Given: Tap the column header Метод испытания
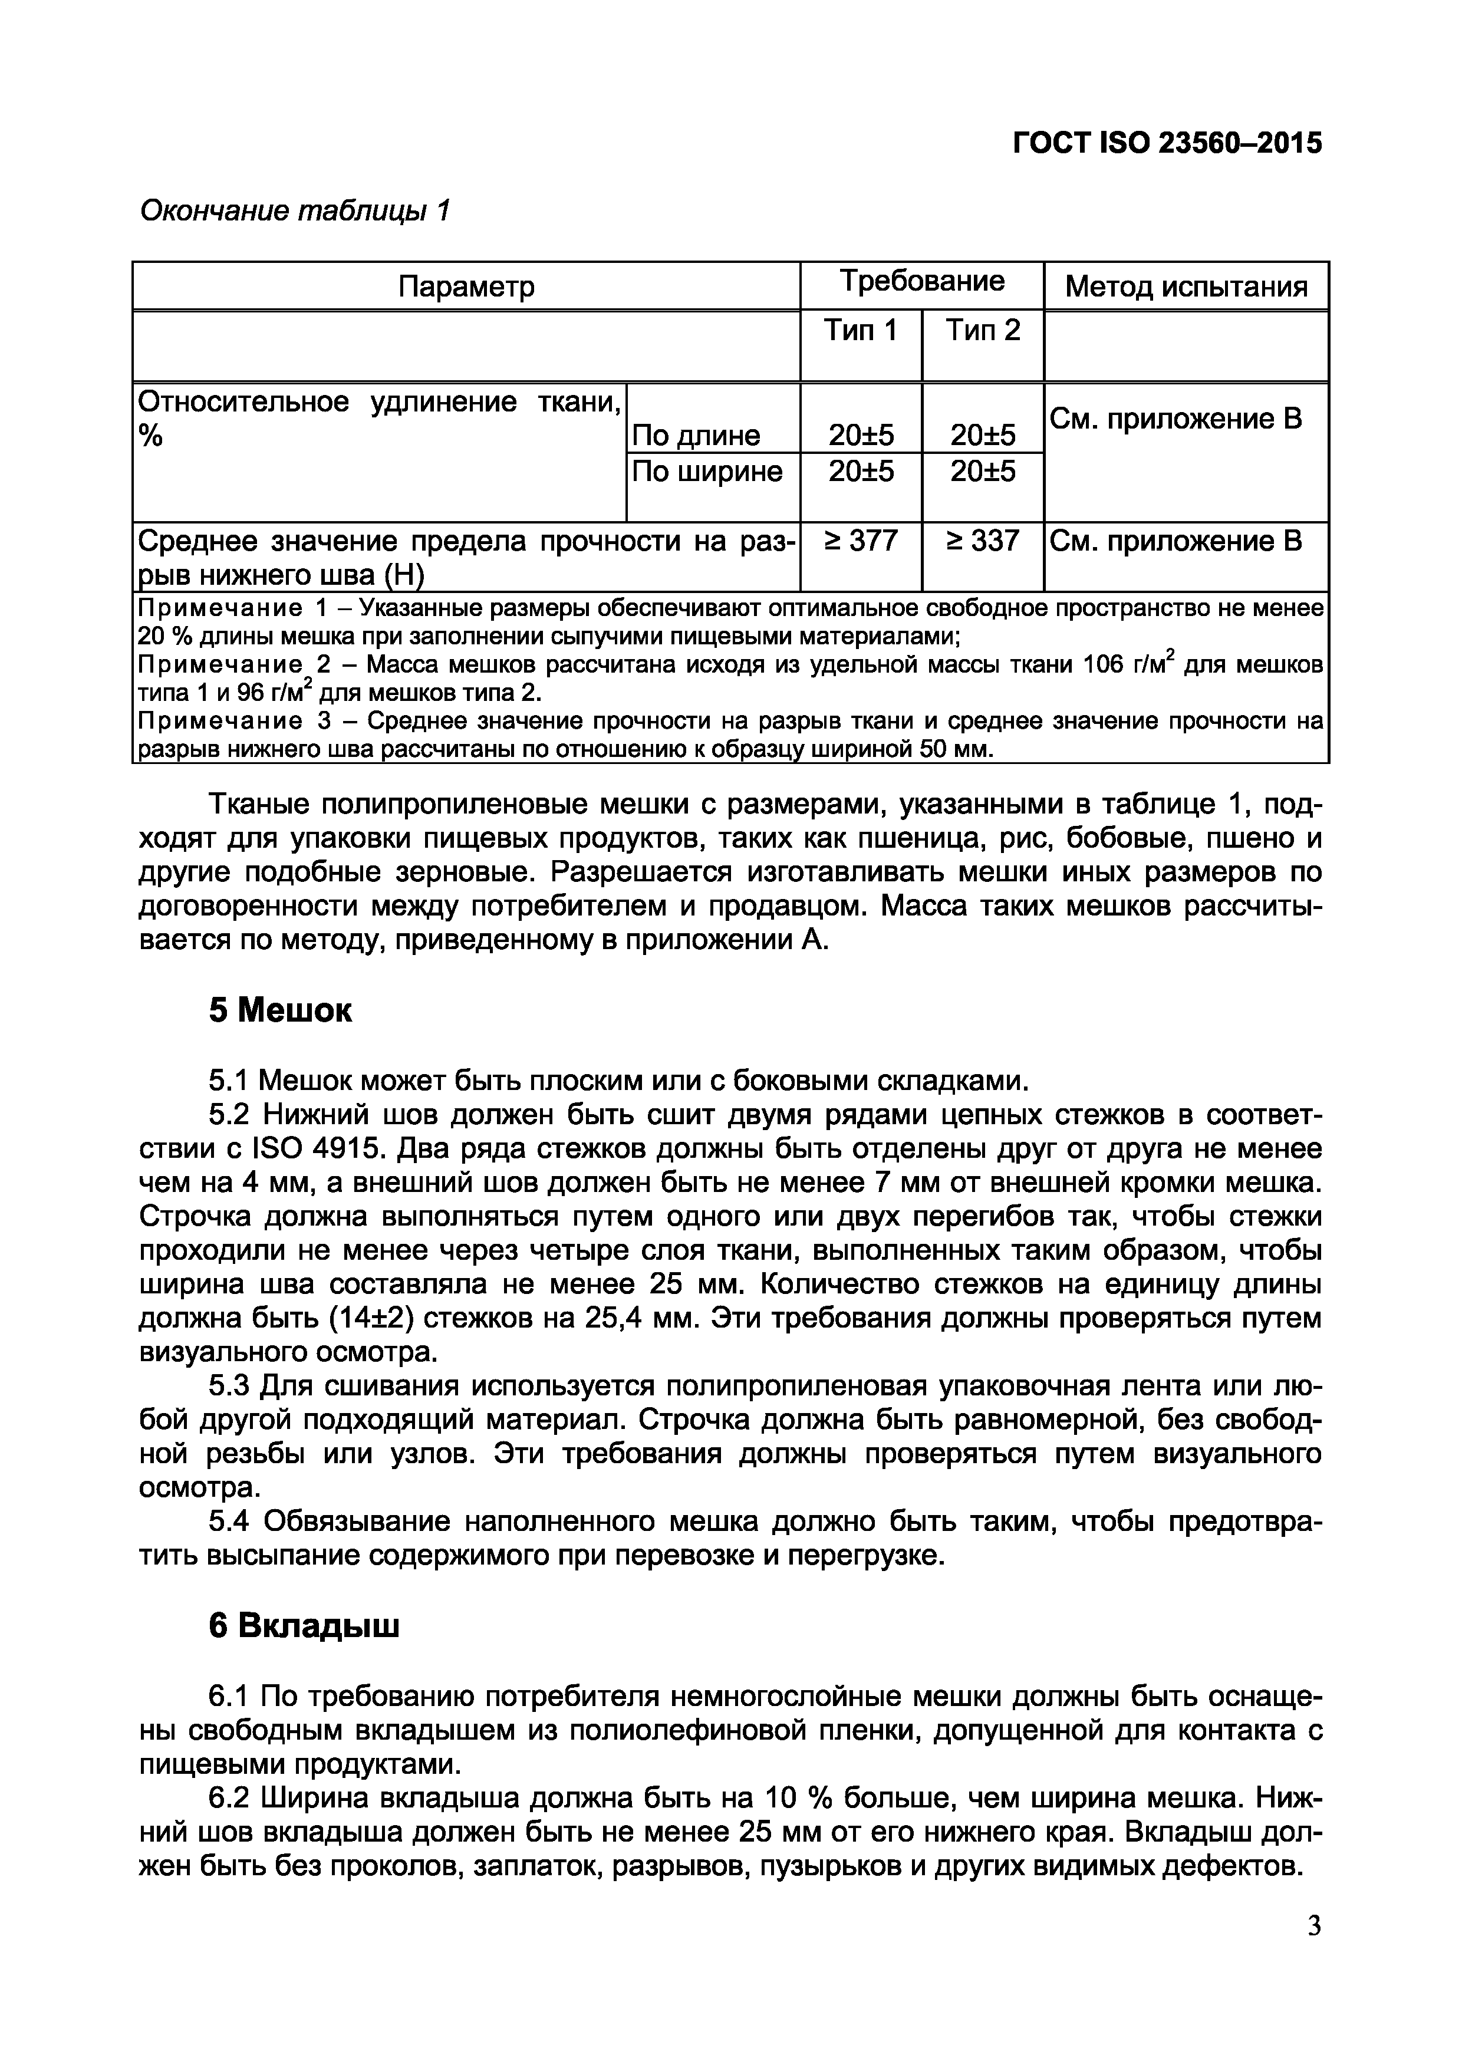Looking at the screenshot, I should pyautogui.click(x=1186, y=287).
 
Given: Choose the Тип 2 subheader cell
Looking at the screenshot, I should pyautogui.click(x=983, y=331).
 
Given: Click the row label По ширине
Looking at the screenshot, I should pyautogui.click(x=707, y=471).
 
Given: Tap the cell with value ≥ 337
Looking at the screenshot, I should pyautogui.click(x=983, y=541).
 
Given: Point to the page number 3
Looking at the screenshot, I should pyautogui.click(x=1314, y=1952).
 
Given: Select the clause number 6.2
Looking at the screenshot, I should pyautogui.click(x=228, y=1799).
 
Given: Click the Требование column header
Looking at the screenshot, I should pyautogui.click(x=921, y=282).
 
